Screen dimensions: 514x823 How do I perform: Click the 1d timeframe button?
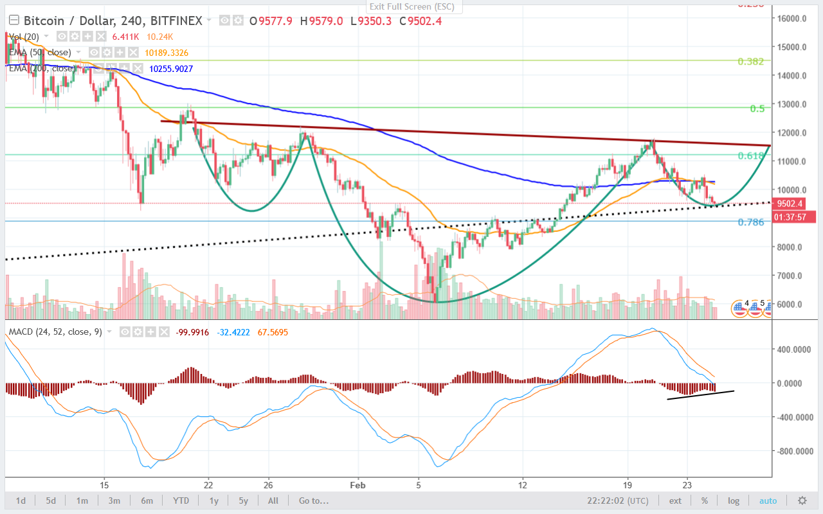[21, 501]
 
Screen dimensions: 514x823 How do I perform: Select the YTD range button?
[181, 501]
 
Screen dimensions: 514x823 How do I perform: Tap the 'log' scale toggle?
[734, 501]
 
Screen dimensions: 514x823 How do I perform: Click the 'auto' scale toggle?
[768, 501]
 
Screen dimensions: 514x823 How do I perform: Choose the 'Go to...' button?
[313, 501]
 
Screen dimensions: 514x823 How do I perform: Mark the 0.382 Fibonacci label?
[750, 61]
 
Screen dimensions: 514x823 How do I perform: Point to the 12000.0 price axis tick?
[790, 133]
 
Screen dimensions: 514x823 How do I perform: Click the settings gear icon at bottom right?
[802, 501]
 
